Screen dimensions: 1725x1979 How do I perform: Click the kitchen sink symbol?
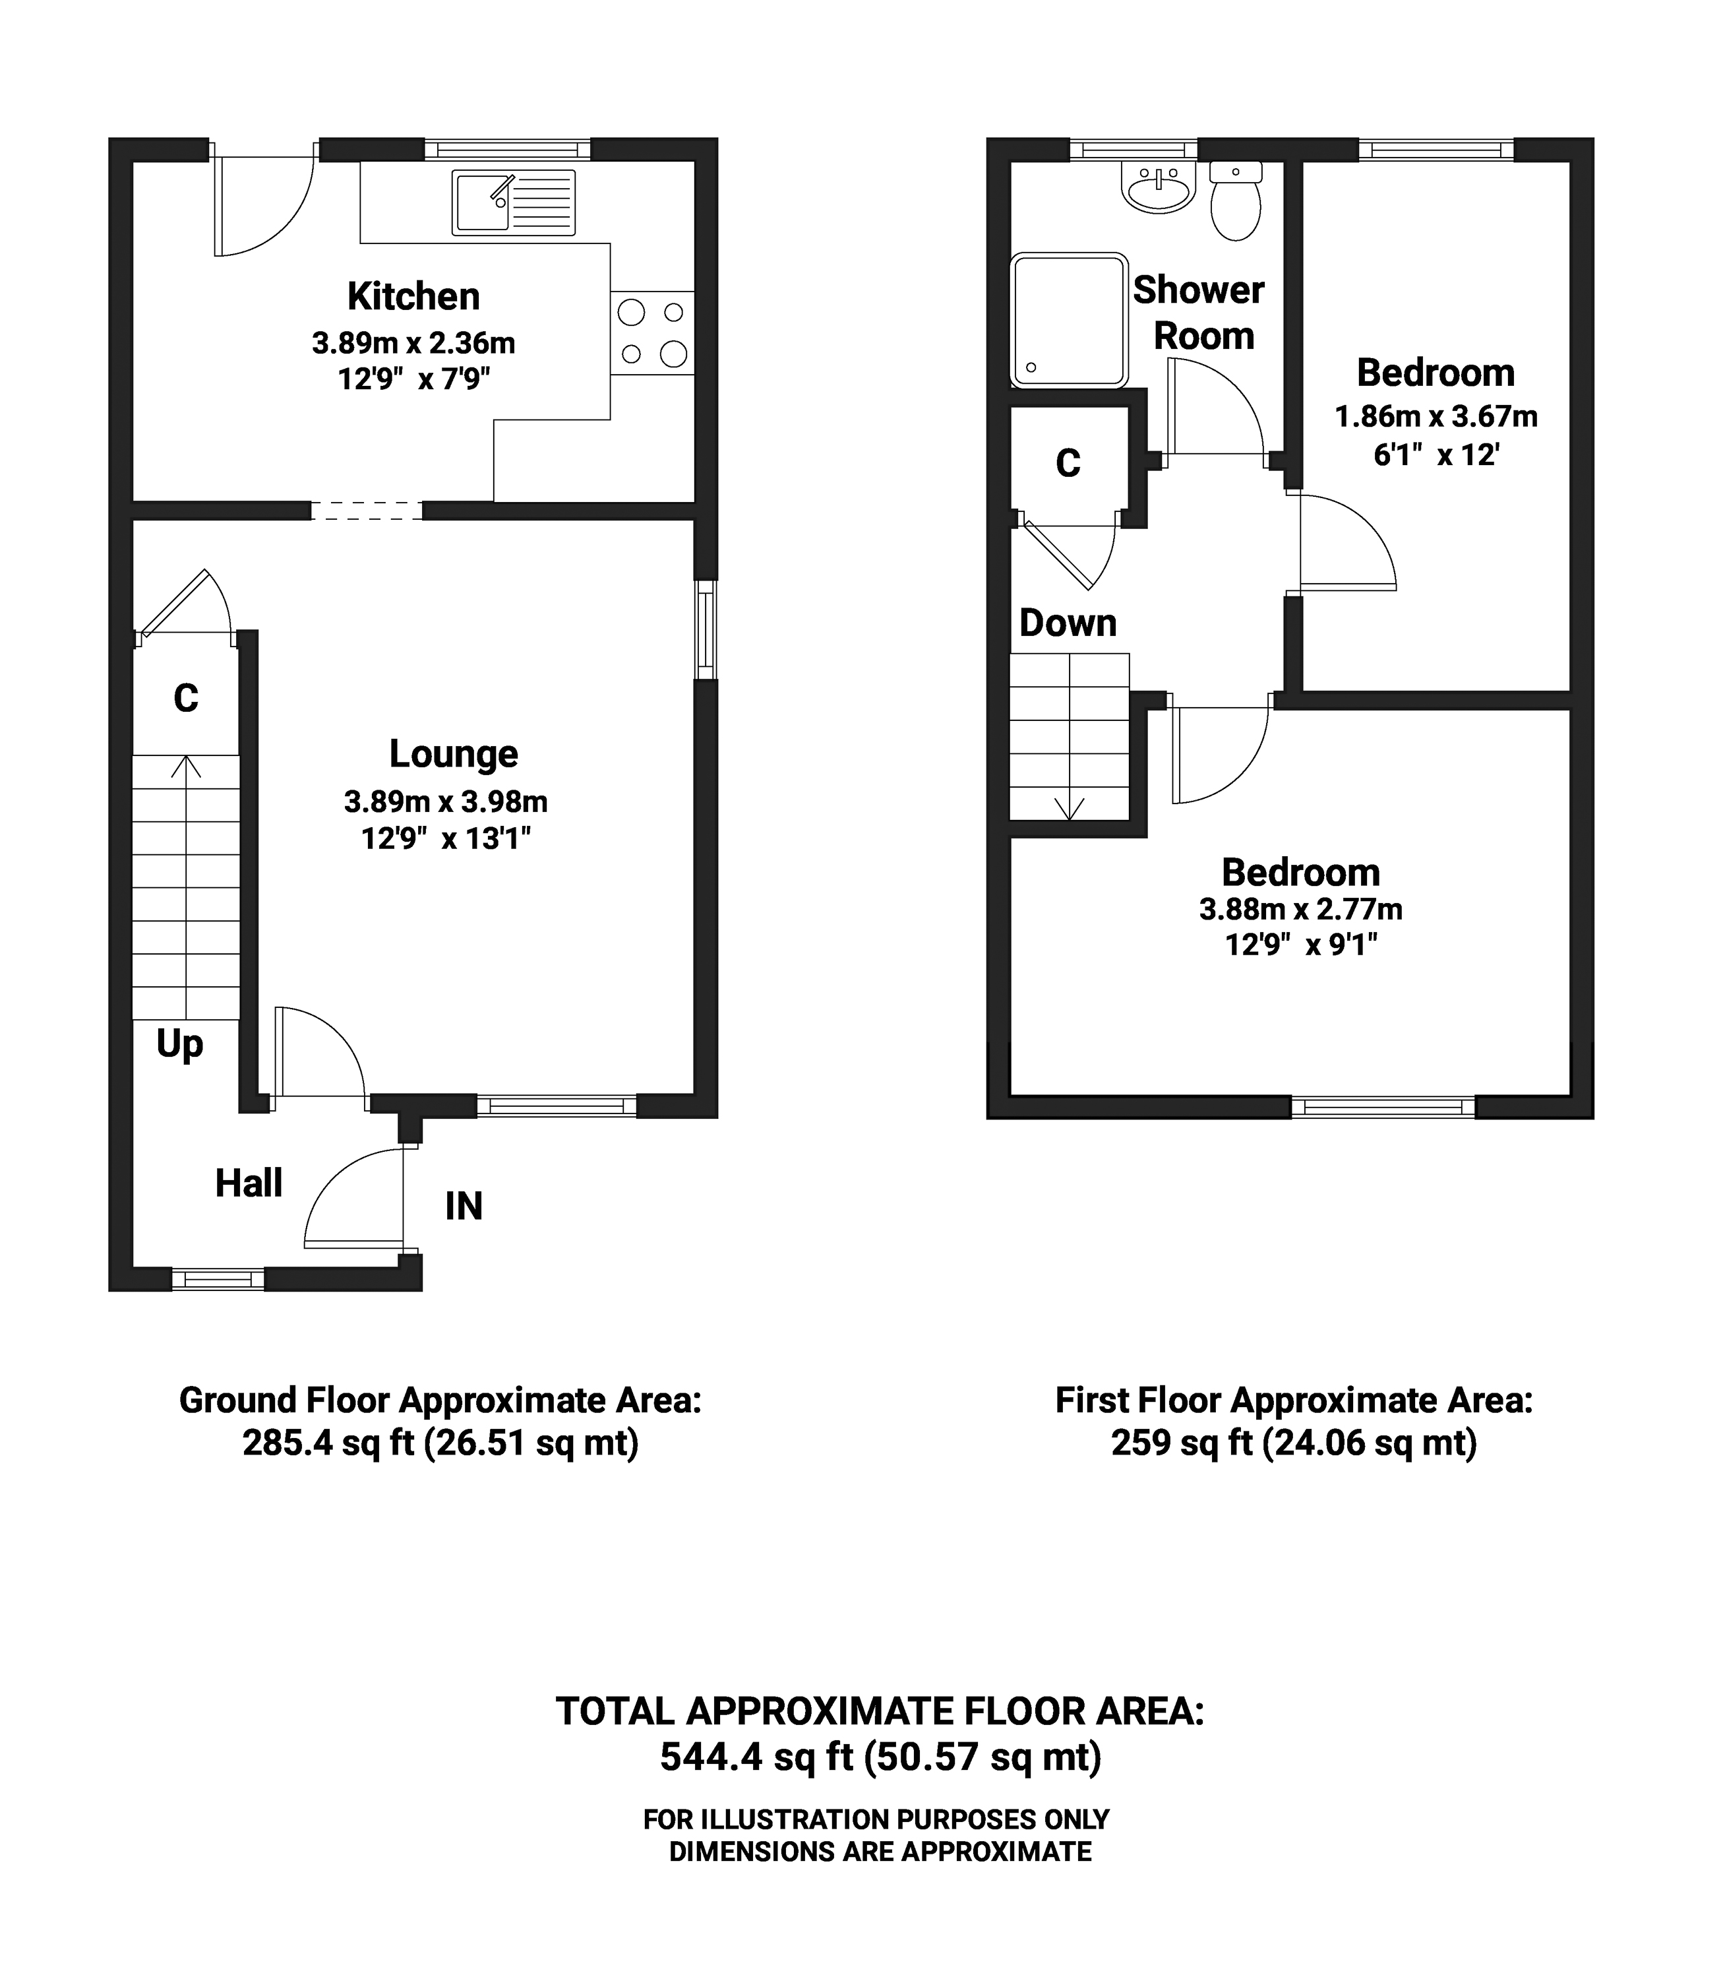coord(514,203)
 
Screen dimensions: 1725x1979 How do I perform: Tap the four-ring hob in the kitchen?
coord(651,333)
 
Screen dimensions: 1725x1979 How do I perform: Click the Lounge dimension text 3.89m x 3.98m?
coord(446,801)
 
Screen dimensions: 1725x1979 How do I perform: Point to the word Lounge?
coord(454,754)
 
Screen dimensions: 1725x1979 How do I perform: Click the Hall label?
coord(249,1183)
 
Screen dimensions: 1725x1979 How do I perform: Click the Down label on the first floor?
coord(1068,623)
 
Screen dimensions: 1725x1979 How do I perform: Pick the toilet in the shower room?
coord(1236,201)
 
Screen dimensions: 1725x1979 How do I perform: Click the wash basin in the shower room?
coord(1158,187)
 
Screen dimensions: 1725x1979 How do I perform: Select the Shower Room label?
coord(1199,313)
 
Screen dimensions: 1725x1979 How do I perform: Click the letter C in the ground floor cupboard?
coord(186,697)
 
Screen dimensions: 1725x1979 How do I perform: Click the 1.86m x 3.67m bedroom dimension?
coord(1436,417)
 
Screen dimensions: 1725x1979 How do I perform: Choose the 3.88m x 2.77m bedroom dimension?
coord(1300,909)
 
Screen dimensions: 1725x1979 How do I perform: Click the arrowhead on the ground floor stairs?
coord(186,766)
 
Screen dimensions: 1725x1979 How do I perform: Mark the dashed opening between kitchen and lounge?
coord(367,511)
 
